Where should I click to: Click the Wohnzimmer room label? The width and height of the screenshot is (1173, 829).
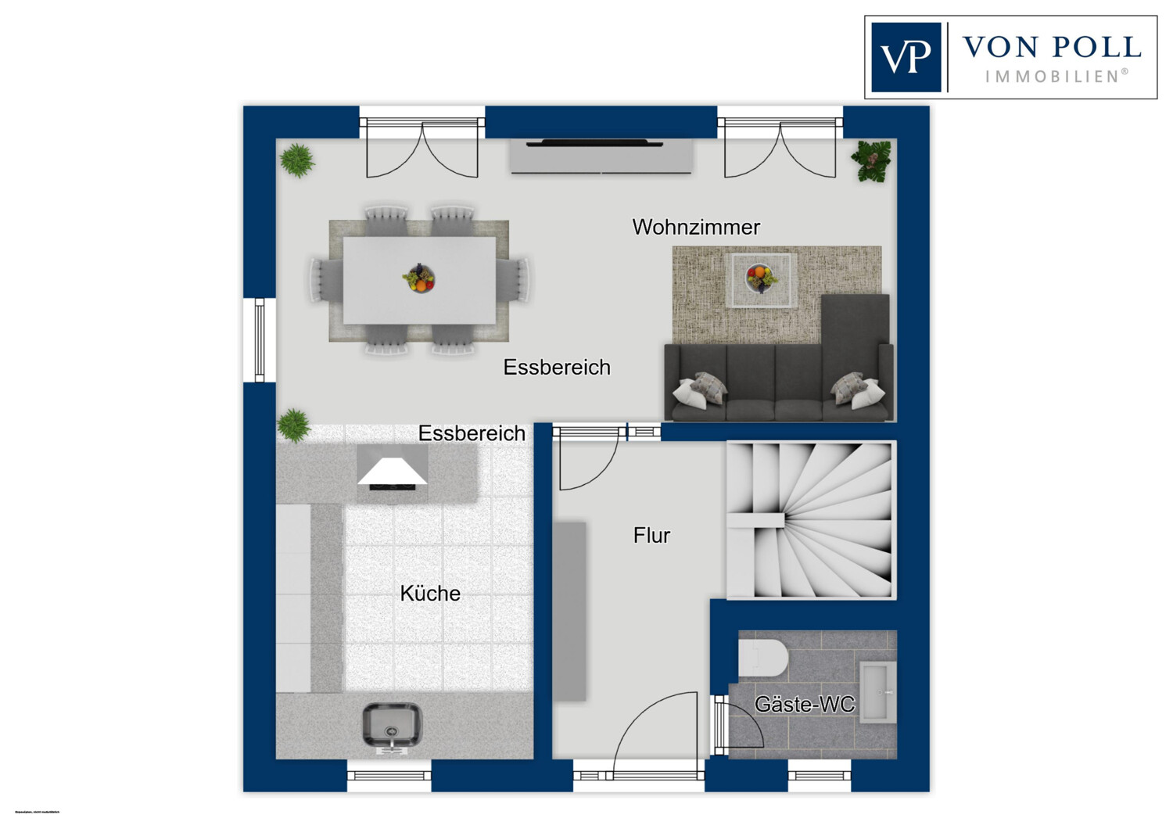[x=696, y=227]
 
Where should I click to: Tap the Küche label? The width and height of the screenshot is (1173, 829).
[x=430, y=594]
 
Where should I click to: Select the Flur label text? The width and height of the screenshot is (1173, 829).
[x=651, y=536]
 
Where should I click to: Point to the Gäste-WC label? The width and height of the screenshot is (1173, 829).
[x=805, y=705]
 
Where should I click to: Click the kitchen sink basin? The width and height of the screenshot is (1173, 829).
[x=392, y=725]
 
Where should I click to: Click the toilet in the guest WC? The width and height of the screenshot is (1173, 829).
[x=762, y=658]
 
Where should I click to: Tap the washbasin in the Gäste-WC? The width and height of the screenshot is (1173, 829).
[x=877, y=692]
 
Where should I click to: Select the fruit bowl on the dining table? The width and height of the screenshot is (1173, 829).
[x=419, y=278]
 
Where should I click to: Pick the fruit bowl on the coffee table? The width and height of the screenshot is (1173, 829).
[x=760, y=277]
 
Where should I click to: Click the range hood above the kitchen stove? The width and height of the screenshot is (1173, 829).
[x=393, y=471]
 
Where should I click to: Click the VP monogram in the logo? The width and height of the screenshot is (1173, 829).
[x=906, y=57]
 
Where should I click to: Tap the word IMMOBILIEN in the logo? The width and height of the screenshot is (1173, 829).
[x=1056, y=77]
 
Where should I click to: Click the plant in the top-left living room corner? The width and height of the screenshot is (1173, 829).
[x=297, y=160]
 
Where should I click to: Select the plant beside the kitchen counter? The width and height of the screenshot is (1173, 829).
[x=293, y=425]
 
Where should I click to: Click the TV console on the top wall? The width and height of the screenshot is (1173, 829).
[x=601, y=156]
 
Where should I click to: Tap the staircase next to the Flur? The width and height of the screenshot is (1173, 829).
[x=811, y=520]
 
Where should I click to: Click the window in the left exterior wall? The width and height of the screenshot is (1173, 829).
[x=260, y=340]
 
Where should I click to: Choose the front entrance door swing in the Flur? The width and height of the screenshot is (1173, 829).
[x=657, y=727]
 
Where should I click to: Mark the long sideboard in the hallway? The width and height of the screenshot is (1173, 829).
[x=570, y=611]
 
